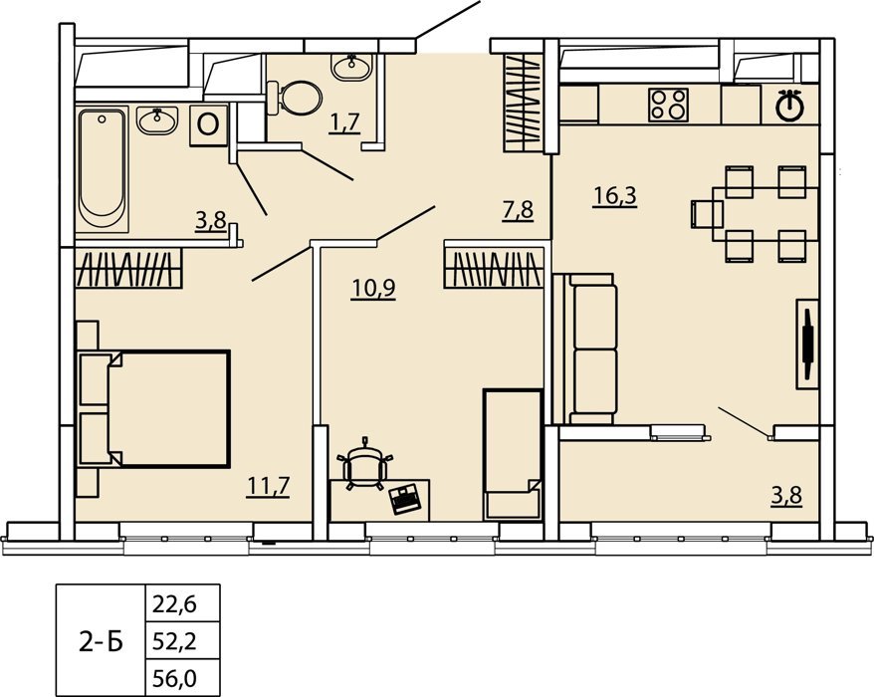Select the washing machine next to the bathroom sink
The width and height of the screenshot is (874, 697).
(208, 125)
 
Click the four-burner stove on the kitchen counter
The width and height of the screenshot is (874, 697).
(668, 105)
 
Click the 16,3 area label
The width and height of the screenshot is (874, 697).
(615, 196)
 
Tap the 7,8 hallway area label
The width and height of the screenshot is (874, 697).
(518, 211)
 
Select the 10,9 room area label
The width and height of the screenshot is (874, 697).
(373, 289)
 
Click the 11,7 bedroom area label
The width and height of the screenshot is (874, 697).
(268, 486)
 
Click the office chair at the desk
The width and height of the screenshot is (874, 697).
(365, 464)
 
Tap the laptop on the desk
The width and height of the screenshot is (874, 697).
(406, 499)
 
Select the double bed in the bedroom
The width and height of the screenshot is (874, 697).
(152, 408)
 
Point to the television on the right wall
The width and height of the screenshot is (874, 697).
(807, 345)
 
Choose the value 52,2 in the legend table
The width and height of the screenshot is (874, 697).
(174, 642)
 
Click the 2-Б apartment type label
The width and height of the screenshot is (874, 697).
(101, 643)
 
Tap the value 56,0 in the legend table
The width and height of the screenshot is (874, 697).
(174, 679)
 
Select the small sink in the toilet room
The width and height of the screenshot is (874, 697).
(351, 67)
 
